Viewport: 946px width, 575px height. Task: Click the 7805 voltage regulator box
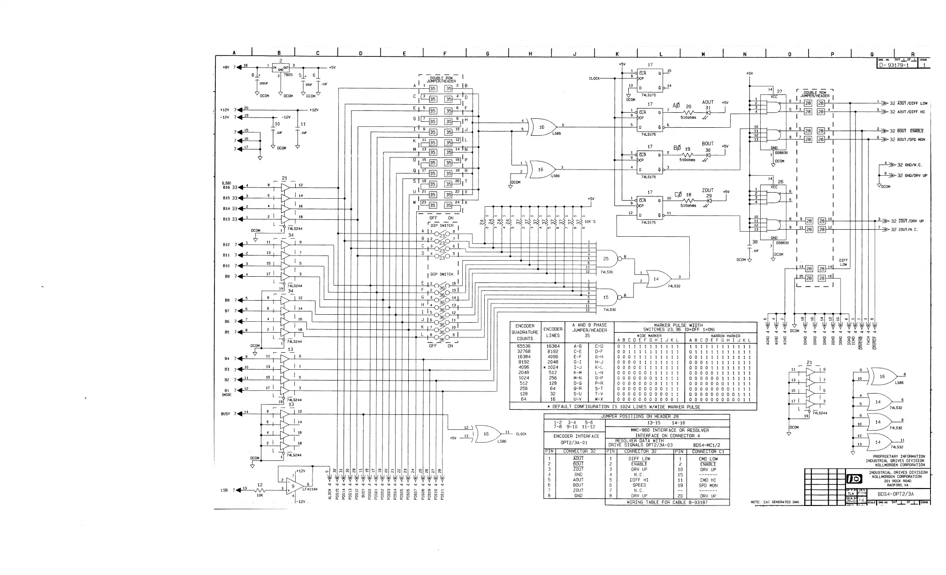(281, 68)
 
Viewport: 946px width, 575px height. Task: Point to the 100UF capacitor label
(264, 84)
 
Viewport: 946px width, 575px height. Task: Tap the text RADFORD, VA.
(898, 485)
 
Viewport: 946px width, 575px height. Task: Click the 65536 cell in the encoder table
(524, 346)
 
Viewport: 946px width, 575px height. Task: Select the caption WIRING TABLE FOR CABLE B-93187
(667, 502)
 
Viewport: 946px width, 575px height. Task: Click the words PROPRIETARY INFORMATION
(899, 456)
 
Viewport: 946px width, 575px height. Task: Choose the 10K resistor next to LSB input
(259, 490)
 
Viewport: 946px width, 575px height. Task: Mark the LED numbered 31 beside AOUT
(708, 113)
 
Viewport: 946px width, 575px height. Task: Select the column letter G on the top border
(487, 54)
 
